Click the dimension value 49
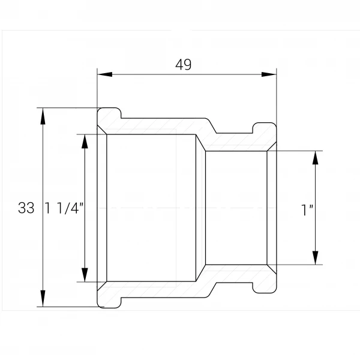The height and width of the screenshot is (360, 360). point(183,65)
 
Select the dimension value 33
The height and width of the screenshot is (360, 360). point(26,208)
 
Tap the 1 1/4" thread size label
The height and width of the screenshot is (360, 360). point(64,208)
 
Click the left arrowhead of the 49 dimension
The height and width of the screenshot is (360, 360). point(104,74)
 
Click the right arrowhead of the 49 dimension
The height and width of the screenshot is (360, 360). point(269,74)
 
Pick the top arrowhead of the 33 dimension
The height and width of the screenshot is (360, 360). point(43,116)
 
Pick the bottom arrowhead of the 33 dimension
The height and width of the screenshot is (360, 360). point(43,298)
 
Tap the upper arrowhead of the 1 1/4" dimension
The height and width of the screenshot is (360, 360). point(85,142)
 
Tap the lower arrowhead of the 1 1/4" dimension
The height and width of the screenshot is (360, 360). point(85,274)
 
